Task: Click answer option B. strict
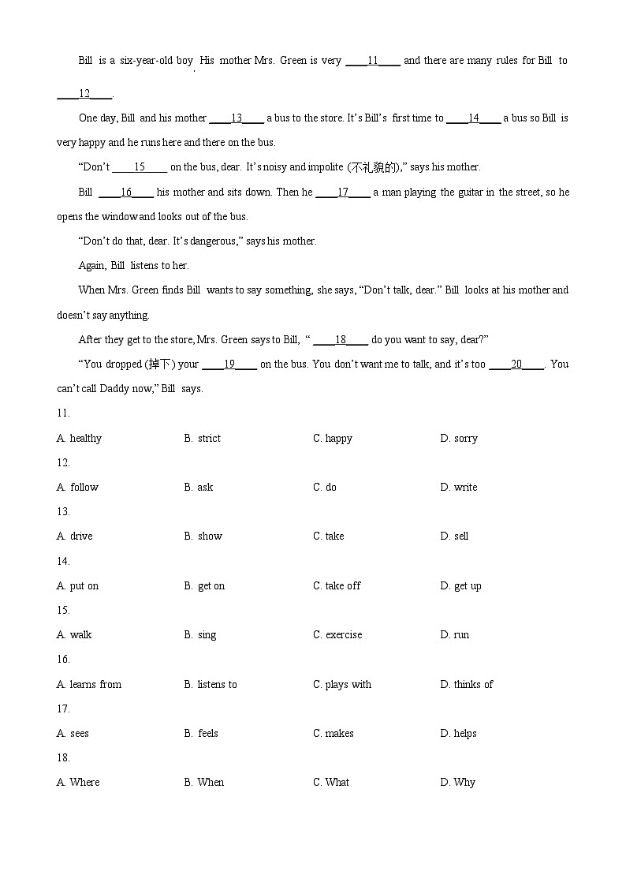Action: pos(203,438)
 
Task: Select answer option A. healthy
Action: pos(79,438)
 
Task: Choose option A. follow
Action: pos(77,487)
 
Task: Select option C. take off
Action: pos(337,585)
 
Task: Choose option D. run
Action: pos(454,634)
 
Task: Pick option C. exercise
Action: pos(337,634)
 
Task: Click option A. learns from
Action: pos(89,684)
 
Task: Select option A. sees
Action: pos(73,733)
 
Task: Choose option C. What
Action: pos(331,782)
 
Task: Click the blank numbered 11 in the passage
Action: pos(373,61)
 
